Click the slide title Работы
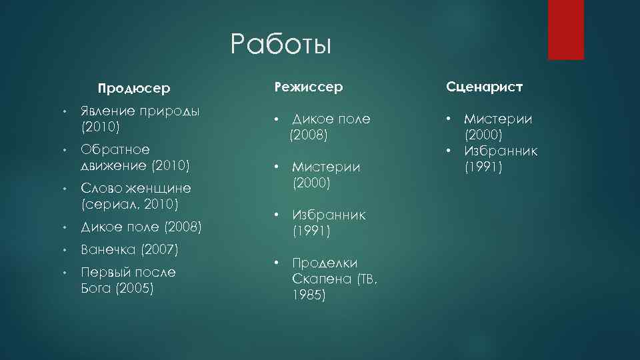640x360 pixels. point(281,45)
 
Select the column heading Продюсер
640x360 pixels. point(133,88)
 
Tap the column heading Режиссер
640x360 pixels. point(309,87)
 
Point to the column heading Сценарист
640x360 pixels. point(484,87)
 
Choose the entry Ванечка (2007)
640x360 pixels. point(129,250)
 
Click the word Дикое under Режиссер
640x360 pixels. point(313,119)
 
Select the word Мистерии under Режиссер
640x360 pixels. point(326,167)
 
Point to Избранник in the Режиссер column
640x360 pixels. point(329,215)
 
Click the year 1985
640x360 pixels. point(309,295)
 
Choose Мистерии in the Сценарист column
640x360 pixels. point(498,119)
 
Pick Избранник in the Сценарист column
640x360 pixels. point(501,151)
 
